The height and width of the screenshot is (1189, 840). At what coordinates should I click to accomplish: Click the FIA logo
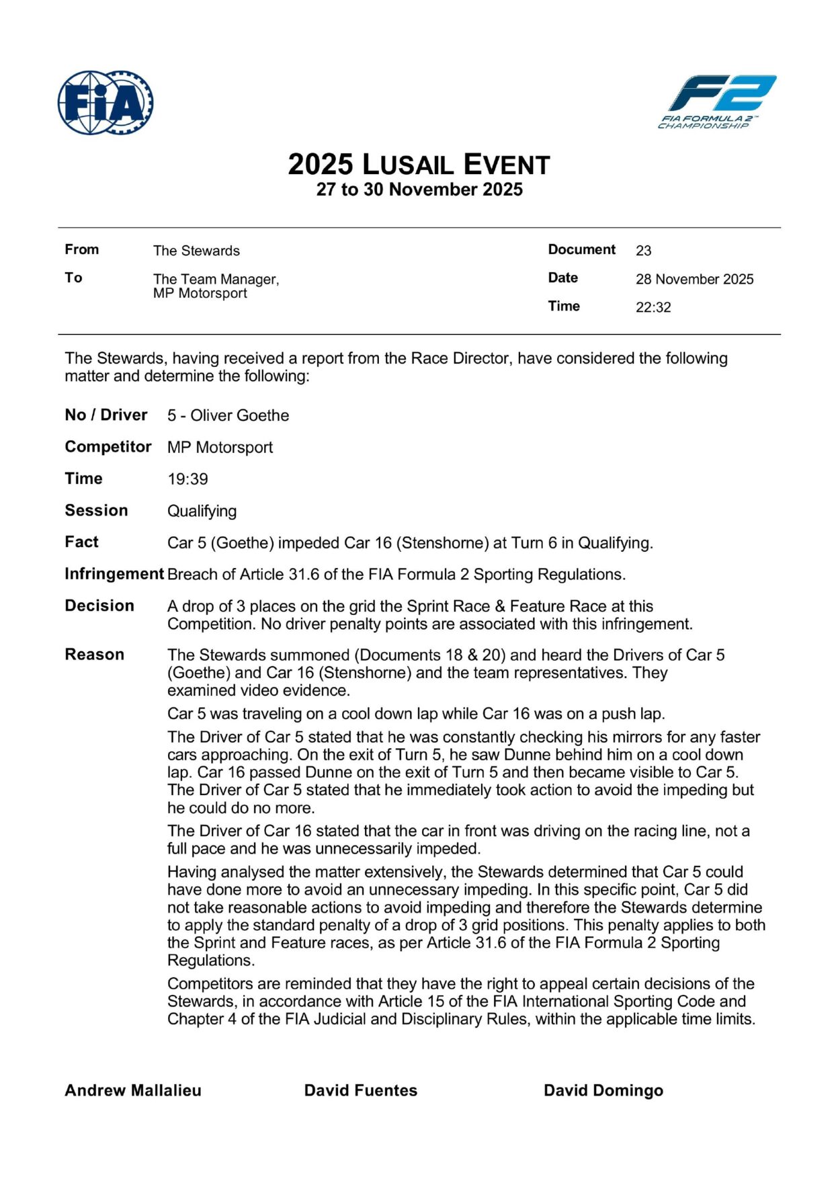106,102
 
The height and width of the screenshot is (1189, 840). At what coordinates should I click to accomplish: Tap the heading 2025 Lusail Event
419,165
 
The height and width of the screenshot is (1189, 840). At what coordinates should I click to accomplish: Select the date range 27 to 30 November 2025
419,190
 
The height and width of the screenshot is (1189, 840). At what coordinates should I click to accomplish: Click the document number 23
643,251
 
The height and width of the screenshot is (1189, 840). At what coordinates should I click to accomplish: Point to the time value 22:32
653,307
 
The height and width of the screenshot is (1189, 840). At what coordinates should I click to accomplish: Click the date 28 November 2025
694,279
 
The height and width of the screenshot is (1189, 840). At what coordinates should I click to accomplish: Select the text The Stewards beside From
196,251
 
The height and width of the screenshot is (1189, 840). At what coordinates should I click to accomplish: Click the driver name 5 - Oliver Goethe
228,415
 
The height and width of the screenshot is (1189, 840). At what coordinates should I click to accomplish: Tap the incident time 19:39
187,479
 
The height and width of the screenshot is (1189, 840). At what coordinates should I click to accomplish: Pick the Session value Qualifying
202,511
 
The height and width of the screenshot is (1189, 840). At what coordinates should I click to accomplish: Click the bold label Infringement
114,574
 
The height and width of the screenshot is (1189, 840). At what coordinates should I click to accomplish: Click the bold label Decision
99,606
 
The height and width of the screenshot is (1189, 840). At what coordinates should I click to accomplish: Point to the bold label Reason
94,655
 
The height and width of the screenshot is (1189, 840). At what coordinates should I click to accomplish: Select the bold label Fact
81,542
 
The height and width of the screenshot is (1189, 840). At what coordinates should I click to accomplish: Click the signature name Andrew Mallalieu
133,1090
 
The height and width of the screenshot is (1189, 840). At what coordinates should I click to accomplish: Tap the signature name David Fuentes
361,1090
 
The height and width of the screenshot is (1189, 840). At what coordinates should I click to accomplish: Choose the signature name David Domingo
603,1090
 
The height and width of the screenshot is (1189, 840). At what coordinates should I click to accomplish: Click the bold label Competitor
108,447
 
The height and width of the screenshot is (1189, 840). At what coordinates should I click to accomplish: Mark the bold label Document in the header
581,249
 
